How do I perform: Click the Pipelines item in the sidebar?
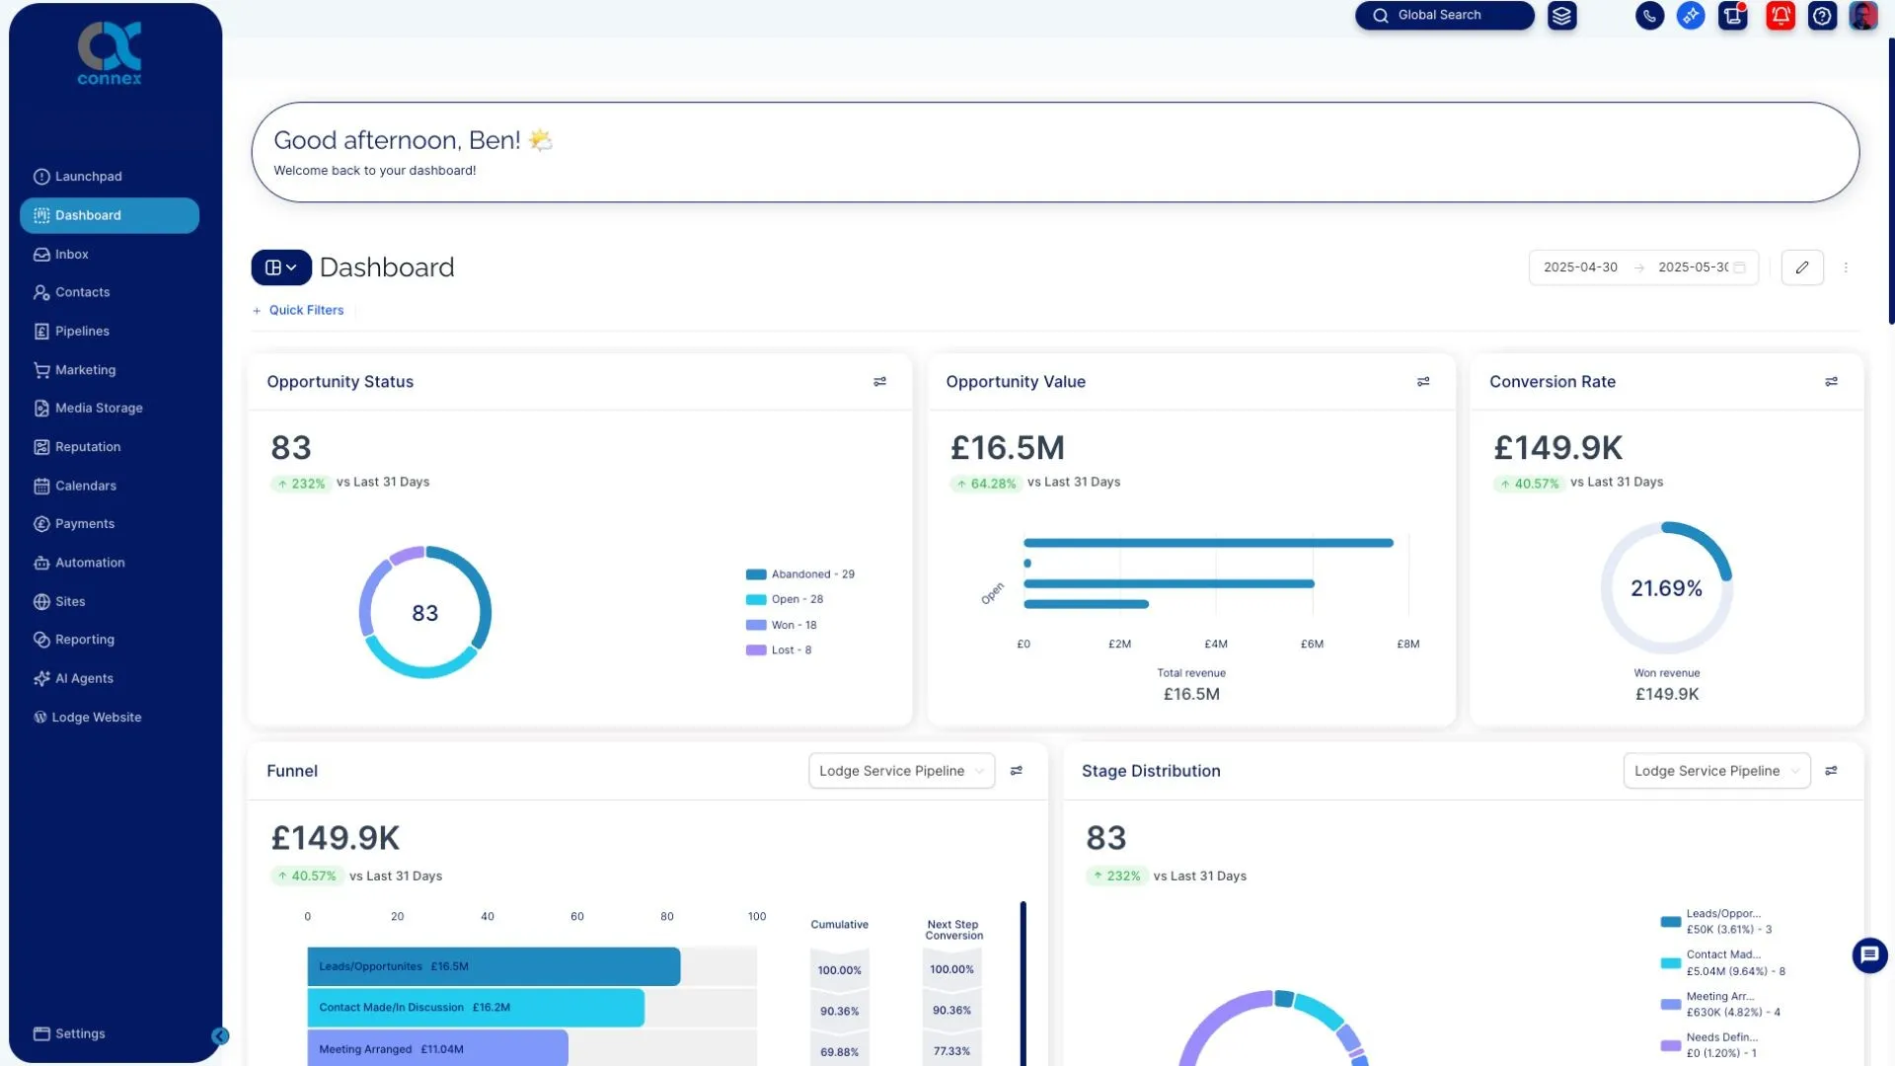pyautogui.click(x=82, y=332)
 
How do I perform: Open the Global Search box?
pyautogui.click(x=1443, y=16)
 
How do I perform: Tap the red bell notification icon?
pyautogui.click(x=1780, y=16)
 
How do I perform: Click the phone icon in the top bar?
pyautogui.click(x=1649, y=16)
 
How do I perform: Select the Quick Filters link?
pyautogui.click(x=305, y=311)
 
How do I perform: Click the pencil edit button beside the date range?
pyautogui.click(x=1801, y=267)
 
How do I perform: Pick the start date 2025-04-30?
pyautogui.click(x=1580, y=267)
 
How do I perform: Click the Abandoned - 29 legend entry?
pyautogui.click(x=800, y=574)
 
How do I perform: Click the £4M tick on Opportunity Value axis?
pyautogui.click(x=1216, y=645)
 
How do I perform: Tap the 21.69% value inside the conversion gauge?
pyautogui.click(x=1666, y=589)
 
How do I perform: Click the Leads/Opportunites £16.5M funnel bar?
pyautogui.click(x=493, y=967)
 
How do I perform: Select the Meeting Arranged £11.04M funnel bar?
pyautogui.click(x=437, y=1049)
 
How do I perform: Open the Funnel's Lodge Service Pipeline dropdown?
pyautogui.click(x=901, y=771)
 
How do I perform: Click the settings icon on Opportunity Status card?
pyautogui.click(x=879, y=382)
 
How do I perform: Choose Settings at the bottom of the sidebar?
pyautogui.click(x=79, y=1034)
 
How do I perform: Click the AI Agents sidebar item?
pyautogui.click(x=84, y=679)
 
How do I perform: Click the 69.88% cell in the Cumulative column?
pyautogui.click(x=839, y=1052)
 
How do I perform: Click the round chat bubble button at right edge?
pyautogui.click(x=1869, y=954)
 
